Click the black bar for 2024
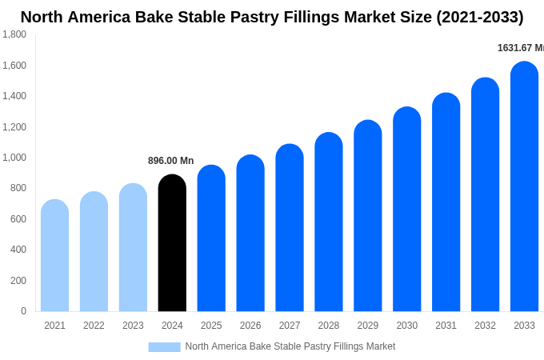click(172, 243)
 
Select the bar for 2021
click(54, 256)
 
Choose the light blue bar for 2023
click(133, 248)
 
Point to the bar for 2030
click(406, 210)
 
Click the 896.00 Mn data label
click(170, 161)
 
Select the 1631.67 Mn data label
click(520, 48)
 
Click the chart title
click(272, 17)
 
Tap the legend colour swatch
click(164, 347)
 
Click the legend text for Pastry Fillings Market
click(290, 346)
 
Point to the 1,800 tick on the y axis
click(14, 34)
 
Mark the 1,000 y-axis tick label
click(14, 158)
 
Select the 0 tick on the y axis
click(23, 311)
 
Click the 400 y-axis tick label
click(18, 250)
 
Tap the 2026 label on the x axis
click(250, 326)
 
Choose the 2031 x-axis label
click(446, 326)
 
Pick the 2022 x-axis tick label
click(94, 326)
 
